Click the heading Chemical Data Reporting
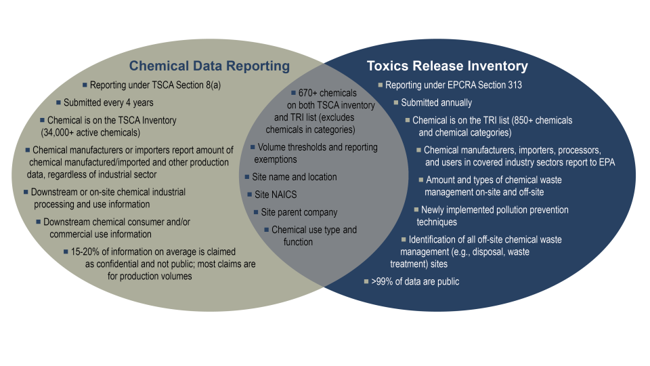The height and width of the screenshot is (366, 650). (x=209, y=66)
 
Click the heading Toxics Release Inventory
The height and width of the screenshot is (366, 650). (x=447, y=66)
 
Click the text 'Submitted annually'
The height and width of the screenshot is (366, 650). (x=437, y=103)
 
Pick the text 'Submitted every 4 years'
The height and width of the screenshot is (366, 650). (x=108, y=103)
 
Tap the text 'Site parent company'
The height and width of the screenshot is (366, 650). (x=299, y=212)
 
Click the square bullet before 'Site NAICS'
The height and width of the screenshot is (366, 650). (x=248, y=195)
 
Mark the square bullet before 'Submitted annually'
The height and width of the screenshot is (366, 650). (x=397, y=103)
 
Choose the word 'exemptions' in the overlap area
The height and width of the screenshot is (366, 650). (x=276, y=159)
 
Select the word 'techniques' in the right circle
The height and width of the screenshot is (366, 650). (x=437, y=222)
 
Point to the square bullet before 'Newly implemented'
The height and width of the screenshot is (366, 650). (x=416, y=209)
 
